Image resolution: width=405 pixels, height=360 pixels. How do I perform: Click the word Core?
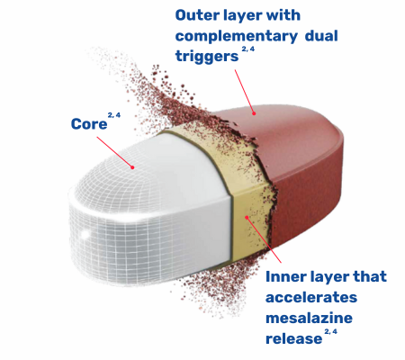tap(89, 123)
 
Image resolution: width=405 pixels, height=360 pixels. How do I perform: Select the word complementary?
tap(237, 37)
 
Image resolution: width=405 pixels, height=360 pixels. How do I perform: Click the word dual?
tap(321, 35)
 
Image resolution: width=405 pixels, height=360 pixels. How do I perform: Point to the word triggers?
tap(207, 56)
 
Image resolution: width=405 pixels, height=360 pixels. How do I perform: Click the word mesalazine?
tap(309, 318)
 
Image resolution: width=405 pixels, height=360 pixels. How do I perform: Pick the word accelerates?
tap(311, 297)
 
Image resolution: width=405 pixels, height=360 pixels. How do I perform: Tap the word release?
tap(293, 338)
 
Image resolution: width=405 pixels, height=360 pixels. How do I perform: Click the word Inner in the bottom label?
tap(286, 276)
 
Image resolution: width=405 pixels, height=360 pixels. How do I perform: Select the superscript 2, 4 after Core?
tap(114, 115)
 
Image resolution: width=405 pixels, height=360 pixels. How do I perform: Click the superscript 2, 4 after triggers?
tap(247, 49)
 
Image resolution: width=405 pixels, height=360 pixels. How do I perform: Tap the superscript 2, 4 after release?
tap(330, 332)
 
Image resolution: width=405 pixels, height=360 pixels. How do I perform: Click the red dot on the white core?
tap(132, 167)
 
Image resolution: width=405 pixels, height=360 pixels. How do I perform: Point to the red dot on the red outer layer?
tap(254, 113)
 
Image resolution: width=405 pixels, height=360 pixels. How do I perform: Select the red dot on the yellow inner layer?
tap(247, 217)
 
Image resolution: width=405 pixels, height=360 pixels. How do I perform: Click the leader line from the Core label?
tap(114, 152)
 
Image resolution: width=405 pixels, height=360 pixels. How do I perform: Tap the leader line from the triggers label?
tap(244, 92)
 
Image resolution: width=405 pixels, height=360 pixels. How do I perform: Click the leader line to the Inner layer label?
tap(264, 240)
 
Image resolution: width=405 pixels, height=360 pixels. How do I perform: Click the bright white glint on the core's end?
tap(85, 234)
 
